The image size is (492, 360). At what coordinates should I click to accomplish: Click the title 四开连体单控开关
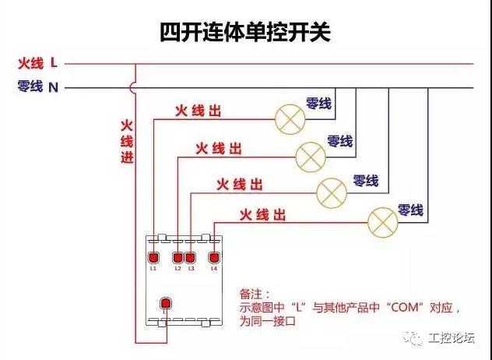(x=245, y=32)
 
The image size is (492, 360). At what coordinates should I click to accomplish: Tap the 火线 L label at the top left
(x=38, y=63)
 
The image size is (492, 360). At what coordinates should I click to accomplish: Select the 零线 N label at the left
(x=38, y=86)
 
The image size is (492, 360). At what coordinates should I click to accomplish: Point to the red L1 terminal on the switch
(x=153, y=258)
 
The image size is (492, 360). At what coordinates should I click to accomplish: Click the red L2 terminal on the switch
(x=178, y=258)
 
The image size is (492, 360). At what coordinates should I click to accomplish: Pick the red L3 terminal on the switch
(x=190, y=258)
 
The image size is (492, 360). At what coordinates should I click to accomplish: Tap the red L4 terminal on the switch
(x=214, y=258)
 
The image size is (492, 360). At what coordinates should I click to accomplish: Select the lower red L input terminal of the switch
(x=166, y=303)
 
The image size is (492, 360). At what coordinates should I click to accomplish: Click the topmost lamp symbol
(x=290, y=119)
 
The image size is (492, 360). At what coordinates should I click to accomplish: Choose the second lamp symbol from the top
(x=311, y=157)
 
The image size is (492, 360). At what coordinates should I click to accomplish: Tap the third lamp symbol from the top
(x=332, y=193)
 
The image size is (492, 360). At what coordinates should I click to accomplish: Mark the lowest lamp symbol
(x=383, y=222)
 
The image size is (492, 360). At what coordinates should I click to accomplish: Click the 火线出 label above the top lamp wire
(x=198, y=111)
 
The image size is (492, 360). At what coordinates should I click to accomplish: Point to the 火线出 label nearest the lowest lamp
(x=262, y=216)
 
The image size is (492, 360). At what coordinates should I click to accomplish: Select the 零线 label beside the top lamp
(x=318, y=104)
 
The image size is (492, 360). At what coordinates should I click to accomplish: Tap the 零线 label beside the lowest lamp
(x=410, y=210)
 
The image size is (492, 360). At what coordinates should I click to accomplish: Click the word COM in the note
(x=405, y=307)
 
